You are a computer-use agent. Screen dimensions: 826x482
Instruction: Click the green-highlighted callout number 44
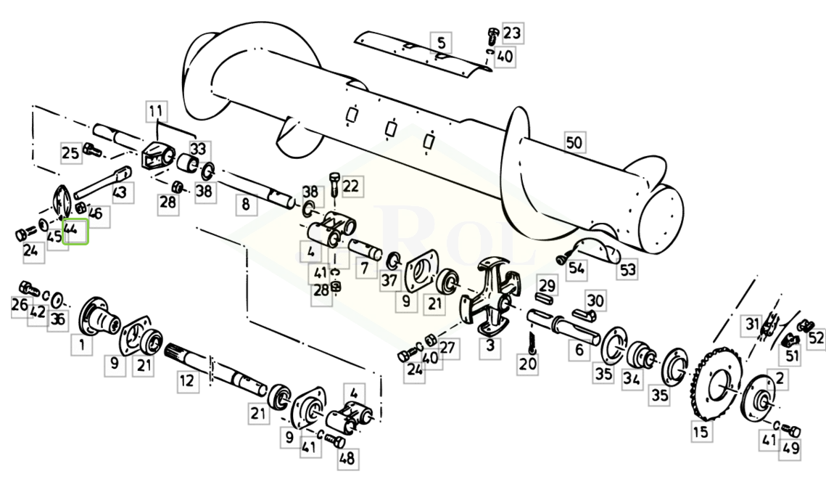click(75, 231)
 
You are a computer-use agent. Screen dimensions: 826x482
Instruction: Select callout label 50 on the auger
click(574, 142)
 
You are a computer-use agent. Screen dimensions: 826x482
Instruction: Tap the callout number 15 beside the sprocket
click(701, 432)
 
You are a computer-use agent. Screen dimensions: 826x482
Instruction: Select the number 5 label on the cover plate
click(441, 42)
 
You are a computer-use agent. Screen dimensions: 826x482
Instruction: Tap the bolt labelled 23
click(492, 36)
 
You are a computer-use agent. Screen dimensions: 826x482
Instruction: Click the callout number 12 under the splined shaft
click(187, 380)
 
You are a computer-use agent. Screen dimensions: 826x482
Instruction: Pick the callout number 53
click(627, 270)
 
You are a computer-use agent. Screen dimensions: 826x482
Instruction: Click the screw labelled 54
click(563, 258)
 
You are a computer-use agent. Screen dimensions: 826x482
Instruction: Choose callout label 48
click(347, 458)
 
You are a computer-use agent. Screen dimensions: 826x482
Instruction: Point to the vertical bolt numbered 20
click(532, 340)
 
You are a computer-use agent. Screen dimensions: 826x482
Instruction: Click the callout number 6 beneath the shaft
click(579, 350)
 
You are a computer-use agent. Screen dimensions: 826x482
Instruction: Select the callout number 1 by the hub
click(82, 346)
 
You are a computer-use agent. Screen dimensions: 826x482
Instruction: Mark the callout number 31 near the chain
click(753, 324)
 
